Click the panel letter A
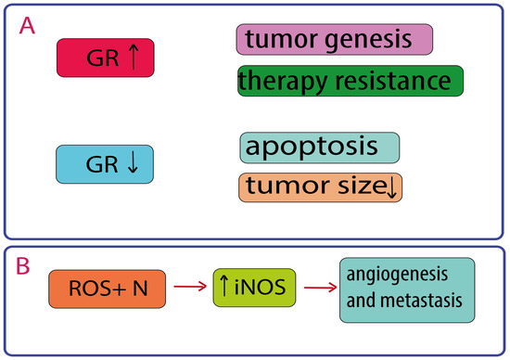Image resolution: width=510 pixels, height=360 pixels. (27, 26)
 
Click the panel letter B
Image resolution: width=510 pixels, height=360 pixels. (23, 266)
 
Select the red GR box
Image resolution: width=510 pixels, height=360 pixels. (106, 58)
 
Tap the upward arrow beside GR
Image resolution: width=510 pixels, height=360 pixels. (134, 57)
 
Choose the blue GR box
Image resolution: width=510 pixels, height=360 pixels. (105, 164)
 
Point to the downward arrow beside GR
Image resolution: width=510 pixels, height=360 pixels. (133, 164)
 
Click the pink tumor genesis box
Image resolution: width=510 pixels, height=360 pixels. (335, 39)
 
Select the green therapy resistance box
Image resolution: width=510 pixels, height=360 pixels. (351, 81)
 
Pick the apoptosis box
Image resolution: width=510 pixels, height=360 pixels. (320, 148)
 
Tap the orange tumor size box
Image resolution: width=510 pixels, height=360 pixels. (321, 187)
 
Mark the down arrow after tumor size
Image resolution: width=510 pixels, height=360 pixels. (392, 188)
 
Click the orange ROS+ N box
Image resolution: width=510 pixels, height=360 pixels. (107, 289)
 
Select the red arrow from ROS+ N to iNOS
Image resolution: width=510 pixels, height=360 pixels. (190, 287)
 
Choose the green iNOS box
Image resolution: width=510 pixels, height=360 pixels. (254, 288)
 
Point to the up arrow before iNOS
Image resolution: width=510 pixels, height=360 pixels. (223, 285)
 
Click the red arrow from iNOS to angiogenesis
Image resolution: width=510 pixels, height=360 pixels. (320, 288)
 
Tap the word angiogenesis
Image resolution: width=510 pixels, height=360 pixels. (397, 275)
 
